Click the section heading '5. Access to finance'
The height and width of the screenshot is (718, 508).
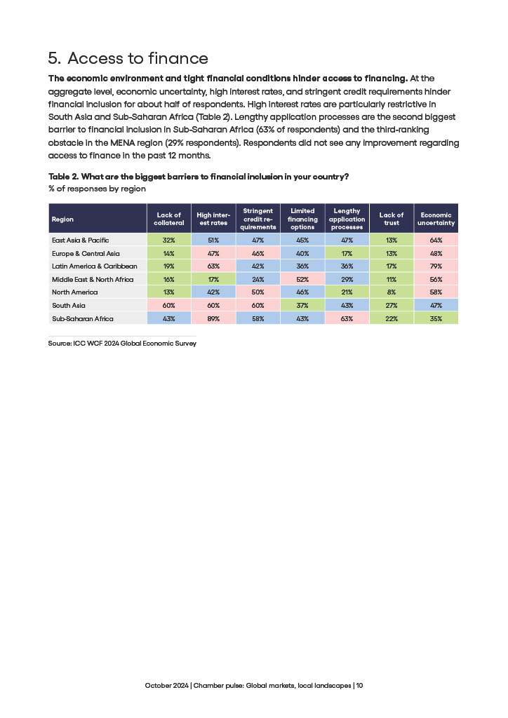[128, 57]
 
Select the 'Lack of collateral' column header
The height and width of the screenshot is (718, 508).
[168, 219]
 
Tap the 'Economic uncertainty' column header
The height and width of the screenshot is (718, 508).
[436, 219]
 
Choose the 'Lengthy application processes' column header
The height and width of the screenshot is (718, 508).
[347, 219]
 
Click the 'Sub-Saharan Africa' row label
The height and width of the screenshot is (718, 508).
[83, 318]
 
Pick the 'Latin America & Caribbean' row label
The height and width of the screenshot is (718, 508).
[94, 266]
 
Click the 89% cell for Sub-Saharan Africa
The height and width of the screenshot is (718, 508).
[214, 318]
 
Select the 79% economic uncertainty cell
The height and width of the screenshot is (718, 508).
[436, 266]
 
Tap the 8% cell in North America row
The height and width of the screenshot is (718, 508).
[392, 292]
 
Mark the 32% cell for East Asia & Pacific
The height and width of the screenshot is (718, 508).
[168, 240]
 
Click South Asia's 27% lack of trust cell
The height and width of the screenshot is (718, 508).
[392, 305]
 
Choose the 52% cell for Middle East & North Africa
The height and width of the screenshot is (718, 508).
[302, 279]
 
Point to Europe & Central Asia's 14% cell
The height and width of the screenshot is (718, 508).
[168, 253]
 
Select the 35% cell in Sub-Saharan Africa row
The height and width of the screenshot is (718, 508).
[436, 318]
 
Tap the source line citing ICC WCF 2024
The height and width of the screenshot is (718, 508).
[122, 344]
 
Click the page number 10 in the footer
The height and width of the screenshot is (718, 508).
[359, 685]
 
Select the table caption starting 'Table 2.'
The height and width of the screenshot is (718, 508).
[199, 177]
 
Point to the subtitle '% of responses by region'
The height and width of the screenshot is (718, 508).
[97, 189]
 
